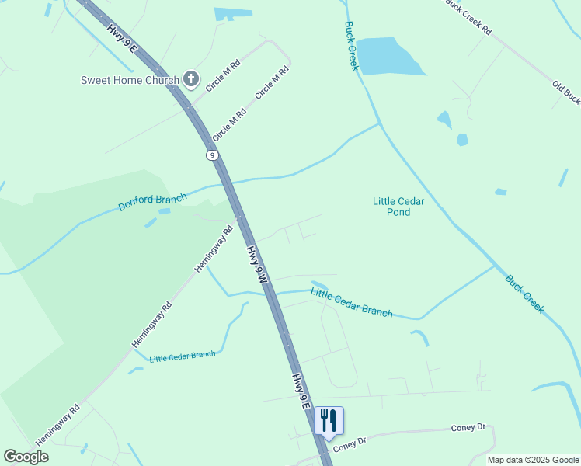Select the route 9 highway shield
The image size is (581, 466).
212,155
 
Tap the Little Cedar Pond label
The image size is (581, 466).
398,206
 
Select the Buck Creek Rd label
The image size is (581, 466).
468,17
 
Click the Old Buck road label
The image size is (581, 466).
565,92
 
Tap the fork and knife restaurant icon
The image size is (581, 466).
328,421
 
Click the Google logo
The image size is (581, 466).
26,457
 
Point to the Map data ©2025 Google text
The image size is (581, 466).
534,460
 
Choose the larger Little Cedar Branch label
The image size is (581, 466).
352,303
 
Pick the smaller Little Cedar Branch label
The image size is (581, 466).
183,356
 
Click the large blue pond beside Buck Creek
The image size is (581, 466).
389,57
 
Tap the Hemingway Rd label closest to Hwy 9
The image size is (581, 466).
214,248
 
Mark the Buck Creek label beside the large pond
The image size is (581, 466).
351,46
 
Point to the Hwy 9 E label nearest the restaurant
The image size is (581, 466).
301,391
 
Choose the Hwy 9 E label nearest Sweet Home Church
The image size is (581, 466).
123,39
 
